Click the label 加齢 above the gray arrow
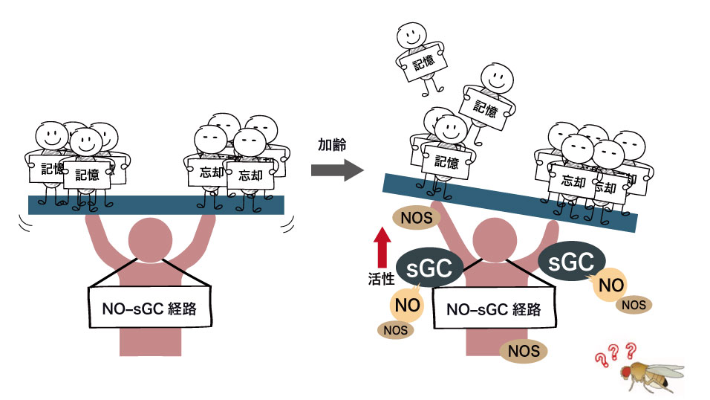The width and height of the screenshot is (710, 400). tap(331, 144)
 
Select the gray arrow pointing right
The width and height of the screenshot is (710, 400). tap(336, 171)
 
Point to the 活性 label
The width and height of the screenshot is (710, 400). tap(381, 278)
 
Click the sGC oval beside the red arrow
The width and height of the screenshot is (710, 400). tap(431, 268)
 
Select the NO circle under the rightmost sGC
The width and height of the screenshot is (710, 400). tap(610, 285)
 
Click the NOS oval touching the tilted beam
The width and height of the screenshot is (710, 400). tap(417, 217)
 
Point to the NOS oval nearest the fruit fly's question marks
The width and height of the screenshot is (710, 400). tap(634, 304)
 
